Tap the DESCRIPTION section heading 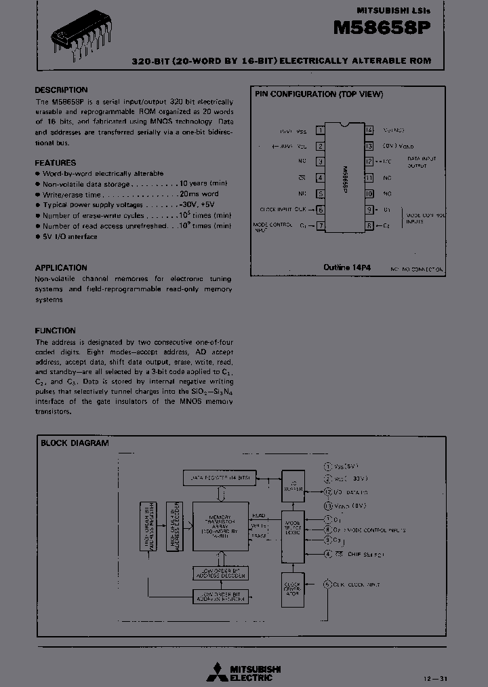(x=61, y=90)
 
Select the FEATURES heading (x=56, y=163)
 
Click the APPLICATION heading (x=61, y=267)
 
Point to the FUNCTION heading (x=56, y=331)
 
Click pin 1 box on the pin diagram (x=320, y=130)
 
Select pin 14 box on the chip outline (x=369, y=130)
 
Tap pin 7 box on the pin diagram (x=320, y=225)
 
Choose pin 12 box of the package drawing (x=369, y=162)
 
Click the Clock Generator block (x=293, y=588)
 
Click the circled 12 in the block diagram (x=327, y=491)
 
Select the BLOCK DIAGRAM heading (x=75, y=443)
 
